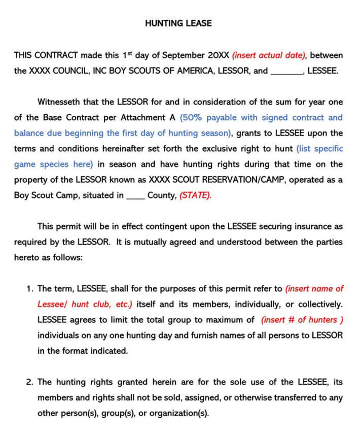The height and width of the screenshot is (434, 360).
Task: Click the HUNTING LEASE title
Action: pyautogui.click(x=178, y=23)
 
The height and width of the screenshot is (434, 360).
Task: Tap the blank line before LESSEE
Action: pyautogui.click(x=286, y=72)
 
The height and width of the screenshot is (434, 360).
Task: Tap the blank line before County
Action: pyautogui.click(x=135, y=196)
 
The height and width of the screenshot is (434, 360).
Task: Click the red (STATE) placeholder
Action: pyautogui.click(x=195, y=196)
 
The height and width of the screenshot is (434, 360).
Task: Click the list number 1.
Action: pyautogui.click(x=29, y=289)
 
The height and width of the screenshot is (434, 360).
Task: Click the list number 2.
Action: pyautogui.click(x=29, y=382)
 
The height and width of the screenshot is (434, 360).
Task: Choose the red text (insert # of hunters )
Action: pyautogui.click(x=302, y=320)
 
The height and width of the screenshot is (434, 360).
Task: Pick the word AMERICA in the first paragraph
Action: pyautogui.click(x=195, y=71)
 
